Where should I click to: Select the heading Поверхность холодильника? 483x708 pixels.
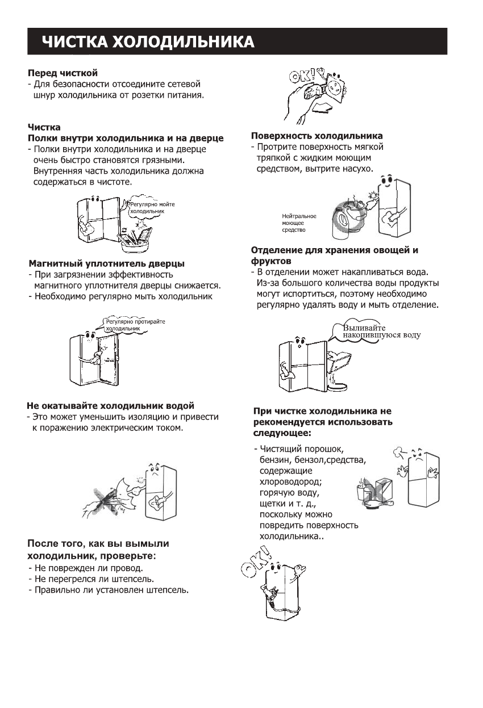pos(317,136)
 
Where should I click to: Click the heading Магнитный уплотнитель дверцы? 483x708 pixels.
pos(106,263)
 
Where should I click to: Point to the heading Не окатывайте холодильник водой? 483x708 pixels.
pos(111,406)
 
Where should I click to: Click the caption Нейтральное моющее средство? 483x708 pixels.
pos(299,223)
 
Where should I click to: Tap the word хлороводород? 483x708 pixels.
pos(290,482)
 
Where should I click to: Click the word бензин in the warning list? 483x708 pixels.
pos(274,459)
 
